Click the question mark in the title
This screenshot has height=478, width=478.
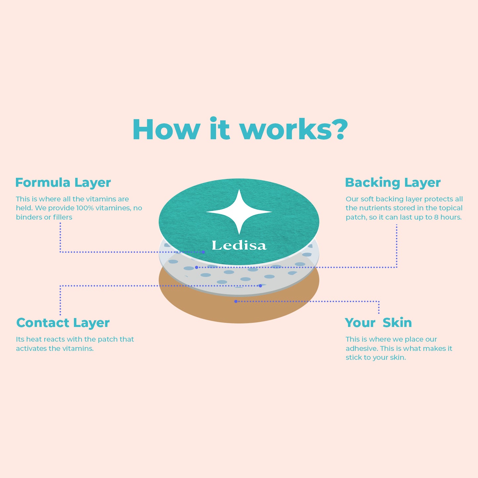pyautogui.click(x=339, y=129)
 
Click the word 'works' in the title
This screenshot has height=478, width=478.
pyautogui.click(x=286, y=130)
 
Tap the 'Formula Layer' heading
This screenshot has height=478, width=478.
pyautogui.click(x=63, y=183)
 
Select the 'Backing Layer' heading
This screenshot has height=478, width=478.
pyautogui.click(x=393, y=183)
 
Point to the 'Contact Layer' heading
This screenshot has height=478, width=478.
pyautogui.click(x=63, y=323)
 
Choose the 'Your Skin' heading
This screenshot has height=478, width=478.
pyautogui.click(x=378, y=323)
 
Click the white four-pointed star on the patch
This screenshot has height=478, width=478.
pyautogui.click(x=239, y=212)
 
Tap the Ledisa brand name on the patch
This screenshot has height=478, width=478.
pyautogui.click(x=239, y=245)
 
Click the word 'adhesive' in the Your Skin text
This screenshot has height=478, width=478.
pyautogui.click(x=362, y=348)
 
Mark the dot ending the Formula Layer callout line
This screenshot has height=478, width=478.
pyautogui.click(x=203, y=252)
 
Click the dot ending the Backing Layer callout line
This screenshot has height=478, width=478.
pyautogui.click(x=196, y=267)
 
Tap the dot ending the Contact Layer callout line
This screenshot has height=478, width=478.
pyautogui.click(x=260, y=286)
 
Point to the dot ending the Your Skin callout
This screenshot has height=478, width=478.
pyautogui.click(x=236, y=301)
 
